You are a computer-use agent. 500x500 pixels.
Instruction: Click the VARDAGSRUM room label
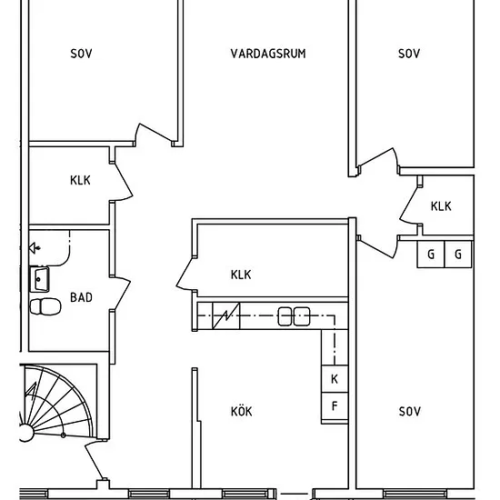(268, 54)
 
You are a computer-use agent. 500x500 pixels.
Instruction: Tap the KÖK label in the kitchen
(242, 411)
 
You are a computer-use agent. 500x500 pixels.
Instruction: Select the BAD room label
(81, 297)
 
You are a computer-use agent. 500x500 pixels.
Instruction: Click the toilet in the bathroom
(45, 306)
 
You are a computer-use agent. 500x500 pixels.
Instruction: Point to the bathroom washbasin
(39, 279)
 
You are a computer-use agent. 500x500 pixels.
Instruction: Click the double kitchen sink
(294, 316)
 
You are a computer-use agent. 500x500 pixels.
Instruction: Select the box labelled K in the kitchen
(335, 379)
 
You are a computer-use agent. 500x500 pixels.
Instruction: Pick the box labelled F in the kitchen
(335, 406)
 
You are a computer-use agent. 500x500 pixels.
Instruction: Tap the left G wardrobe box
(431, 255)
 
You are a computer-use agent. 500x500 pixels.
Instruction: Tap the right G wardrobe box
(458, 255)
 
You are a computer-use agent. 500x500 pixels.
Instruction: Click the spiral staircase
(57, 404)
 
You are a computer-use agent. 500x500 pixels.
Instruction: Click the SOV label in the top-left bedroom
(81, 54)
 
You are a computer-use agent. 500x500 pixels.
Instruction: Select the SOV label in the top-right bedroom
(409, 54)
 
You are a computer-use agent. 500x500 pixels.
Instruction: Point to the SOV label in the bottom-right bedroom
(410, 411)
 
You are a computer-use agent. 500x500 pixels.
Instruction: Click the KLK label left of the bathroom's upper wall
(80, 181)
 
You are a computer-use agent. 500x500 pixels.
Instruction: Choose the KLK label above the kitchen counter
(241, 275)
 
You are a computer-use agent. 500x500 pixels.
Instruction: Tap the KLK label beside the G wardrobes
(441, 206)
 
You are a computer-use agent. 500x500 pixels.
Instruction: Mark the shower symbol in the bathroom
(35, 248)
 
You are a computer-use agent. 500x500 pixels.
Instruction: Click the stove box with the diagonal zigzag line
(226, 315)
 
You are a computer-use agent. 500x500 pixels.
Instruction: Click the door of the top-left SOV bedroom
(155, 133)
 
